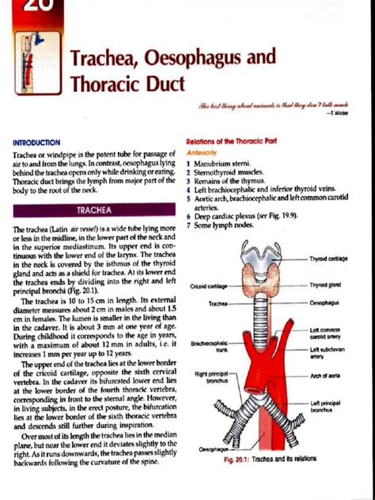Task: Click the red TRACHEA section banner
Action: pos(93,211)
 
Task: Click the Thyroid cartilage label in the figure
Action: pos(328,259)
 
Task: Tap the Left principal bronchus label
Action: pos(326,407)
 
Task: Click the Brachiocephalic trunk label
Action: pos(210,347)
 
